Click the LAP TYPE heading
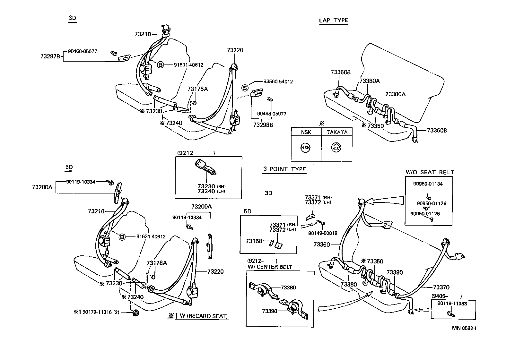(333, 20)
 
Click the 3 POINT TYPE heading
(284, 169)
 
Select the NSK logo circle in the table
(305, 148)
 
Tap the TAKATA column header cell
(336, 132)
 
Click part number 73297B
(50, 56)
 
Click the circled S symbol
(245, 88)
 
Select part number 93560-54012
(278, 82)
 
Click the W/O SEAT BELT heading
(430, 172)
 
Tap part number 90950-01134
(428, 184)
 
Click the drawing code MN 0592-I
(464, 328)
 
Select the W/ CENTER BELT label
(270, 267)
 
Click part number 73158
(254, 241)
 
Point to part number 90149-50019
(322, 233)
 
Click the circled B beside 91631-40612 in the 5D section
(122, 237)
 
